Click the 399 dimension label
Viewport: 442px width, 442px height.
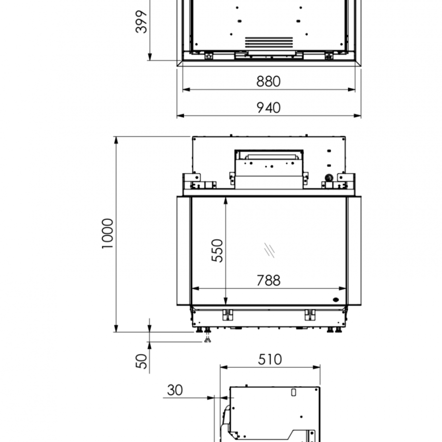(141, 22)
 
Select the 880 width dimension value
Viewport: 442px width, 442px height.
(268, 82)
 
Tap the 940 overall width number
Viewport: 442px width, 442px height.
(268, 108)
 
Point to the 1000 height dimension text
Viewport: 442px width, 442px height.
(108, 233)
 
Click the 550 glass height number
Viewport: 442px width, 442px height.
(218, 250)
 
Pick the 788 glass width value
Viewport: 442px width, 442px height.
(268, 280)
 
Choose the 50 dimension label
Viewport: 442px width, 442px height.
(141, 361)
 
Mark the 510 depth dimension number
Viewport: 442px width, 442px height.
(270, 359)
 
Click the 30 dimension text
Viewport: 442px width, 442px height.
(175, 390)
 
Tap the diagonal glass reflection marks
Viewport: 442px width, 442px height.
(269, 250)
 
